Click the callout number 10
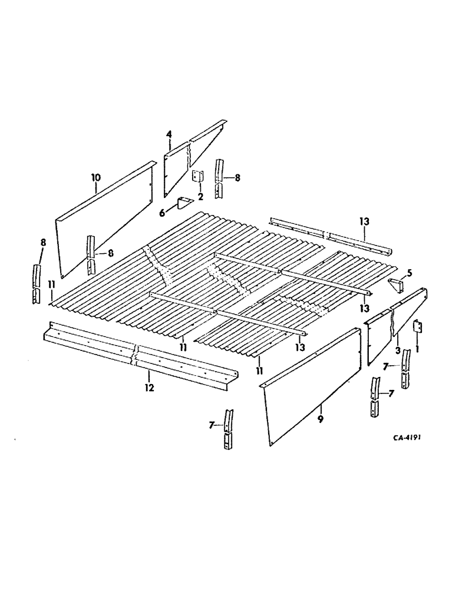click(x=95, y=177)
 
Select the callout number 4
click(x=169, y=134)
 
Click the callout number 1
click(x=419, y=349)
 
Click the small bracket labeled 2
click(x=197, y=176)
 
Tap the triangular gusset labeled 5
click(x=397, y=284)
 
